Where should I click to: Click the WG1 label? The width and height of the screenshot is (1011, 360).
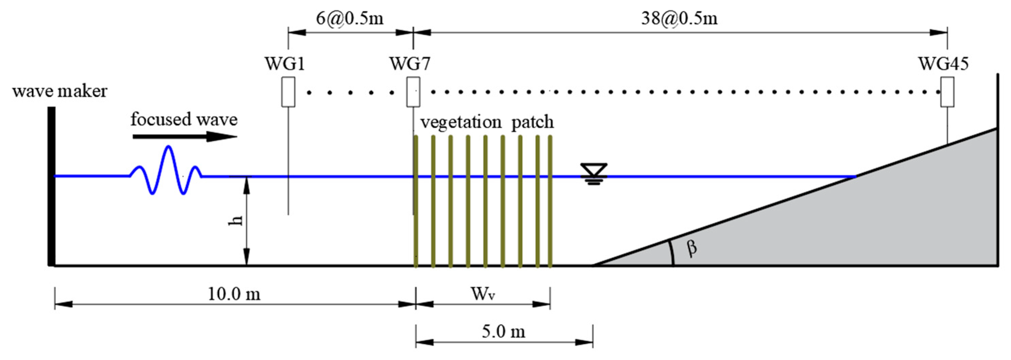click(285, 63)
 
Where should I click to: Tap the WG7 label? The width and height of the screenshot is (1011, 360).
click(410, 63)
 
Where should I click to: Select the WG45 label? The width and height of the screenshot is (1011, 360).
click(943, 63)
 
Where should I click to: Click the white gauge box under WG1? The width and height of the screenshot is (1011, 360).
click(288, 92)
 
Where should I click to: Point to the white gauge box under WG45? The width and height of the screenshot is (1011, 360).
click(947, 92)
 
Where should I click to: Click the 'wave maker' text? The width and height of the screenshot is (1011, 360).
click(60, 91)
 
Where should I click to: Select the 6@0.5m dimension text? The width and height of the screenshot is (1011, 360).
click(349, 18)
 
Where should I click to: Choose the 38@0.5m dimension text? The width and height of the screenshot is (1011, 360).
click(679, 18)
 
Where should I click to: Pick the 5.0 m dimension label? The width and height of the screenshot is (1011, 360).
click(504, 332)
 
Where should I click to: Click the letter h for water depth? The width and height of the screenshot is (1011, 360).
click(235, 221)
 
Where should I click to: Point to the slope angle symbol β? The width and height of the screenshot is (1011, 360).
click(692, 248)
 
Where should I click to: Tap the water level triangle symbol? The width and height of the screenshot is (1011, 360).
click(594, 171)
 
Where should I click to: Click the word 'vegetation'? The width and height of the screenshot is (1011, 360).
click(461, 122)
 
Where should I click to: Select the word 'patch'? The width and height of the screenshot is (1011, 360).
click(532, 122)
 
